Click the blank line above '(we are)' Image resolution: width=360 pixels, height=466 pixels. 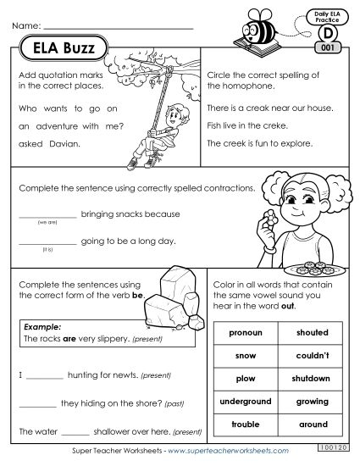pyautogui.click(x=47, y=216)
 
